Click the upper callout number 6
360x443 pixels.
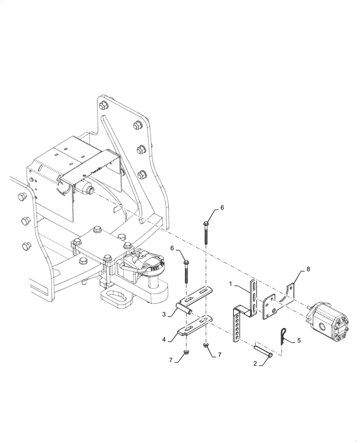pos(223,207)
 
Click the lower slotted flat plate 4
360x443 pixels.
pos(194,325)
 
